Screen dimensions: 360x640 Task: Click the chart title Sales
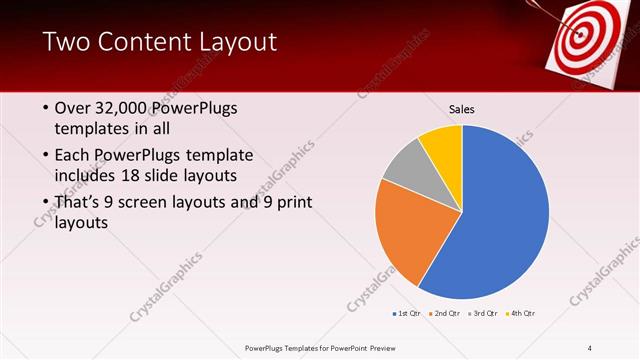(461, 110)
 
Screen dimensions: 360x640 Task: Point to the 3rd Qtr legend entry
(482, 314)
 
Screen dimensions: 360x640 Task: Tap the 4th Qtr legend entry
(520, 314)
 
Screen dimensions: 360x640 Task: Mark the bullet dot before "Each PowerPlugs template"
(46, 156)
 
